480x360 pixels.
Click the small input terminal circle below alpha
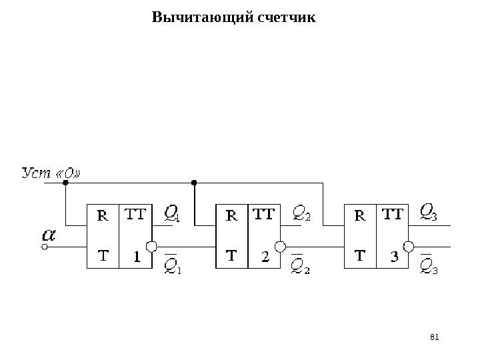click(x=45, y=247)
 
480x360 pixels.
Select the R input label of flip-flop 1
click(x=103, y=215)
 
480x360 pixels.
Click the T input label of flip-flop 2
click(x=231, y=255)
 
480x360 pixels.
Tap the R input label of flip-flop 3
click(x=359, y=215)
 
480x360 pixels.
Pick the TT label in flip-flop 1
click(x=135, y=214)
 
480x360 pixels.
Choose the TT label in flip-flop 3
click(x=392, y=214)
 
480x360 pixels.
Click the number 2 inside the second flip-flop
click(x=265, y=256)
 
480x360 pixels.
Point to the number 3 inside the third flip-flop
click(x=393, y=256)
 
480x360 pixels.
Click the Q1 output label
click(x=172, y=213)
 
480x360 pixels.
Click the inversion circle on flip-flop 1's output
click(x=151, y=247)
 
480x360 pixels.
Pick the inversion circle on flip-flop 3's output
click(x=408, y=247)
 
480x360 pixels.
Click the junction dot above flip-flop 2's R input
click(x=194, y=181)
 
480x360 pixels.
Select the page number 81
click(x=437, y=337)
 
